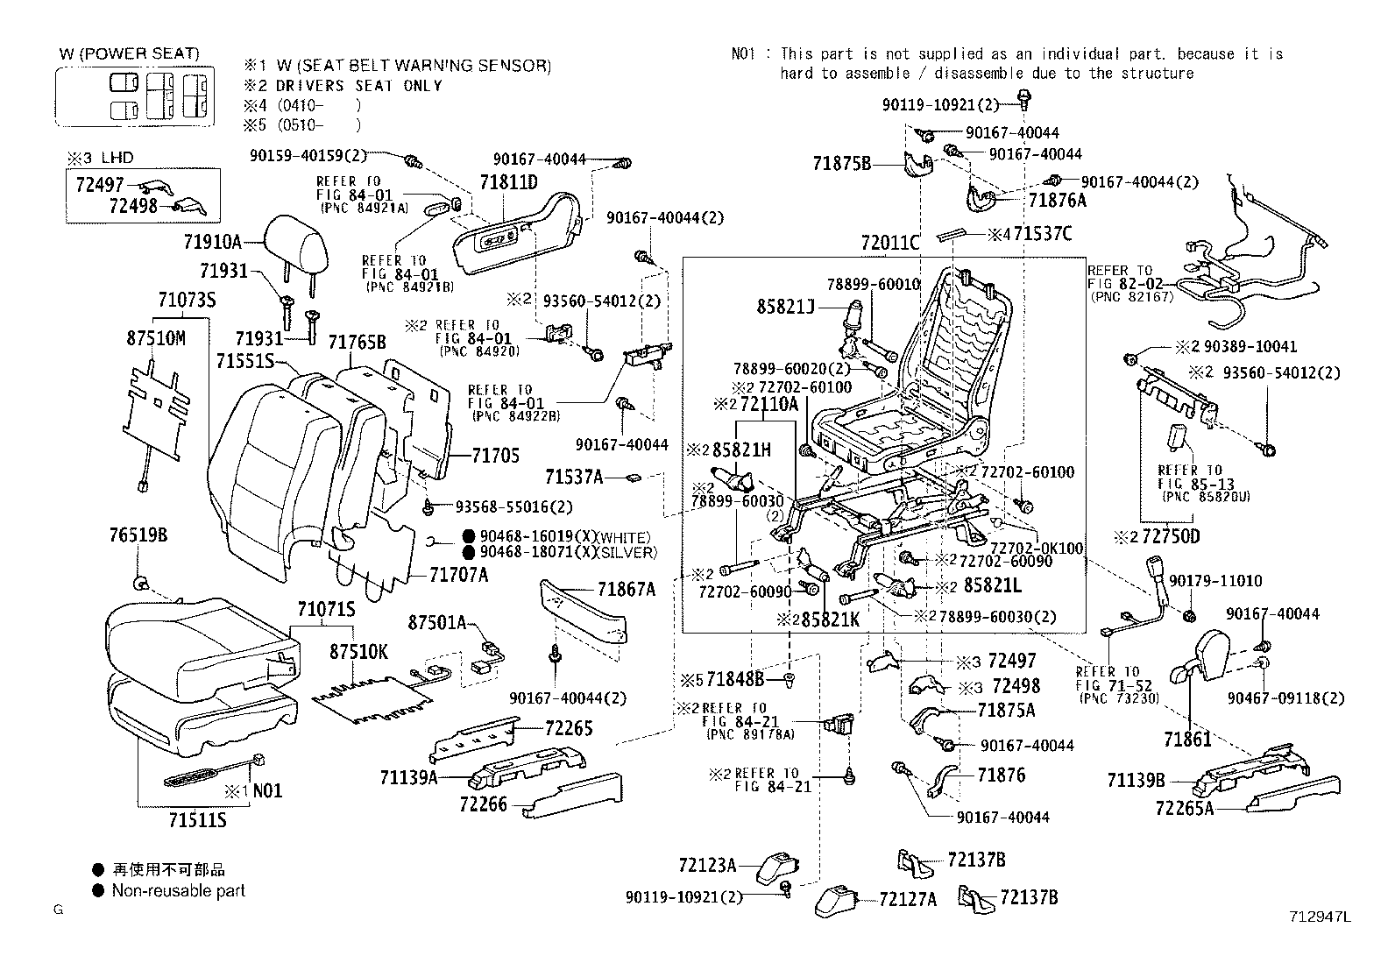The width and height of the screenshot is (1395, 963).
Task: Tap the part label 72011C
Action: pyautogui.click(x=889, y=243)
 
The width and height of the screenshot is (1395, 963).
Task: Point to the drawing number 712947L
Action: pyautogui.click(x=1320, y=917)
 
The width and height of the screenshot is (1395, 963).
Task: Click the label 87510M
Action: pyautogui.click(x=156, y=337)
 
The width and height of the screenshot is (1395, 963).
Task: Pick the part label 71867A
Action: pyautogui.click(x=627, y=590)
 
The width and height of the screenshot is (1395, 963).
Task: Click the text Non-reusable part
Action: pyautogui.click(x=178, y=890)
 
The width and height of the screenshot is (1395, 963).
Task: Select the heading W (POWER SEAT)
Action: pyautogui.click(x=129, y=53)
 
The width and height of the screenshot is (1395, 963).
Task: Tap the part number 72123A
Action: pyautogui.click(x=706, y=865)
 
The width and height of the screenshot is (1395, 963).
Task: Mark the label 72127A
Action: pyautogui.click(x=907, y=899)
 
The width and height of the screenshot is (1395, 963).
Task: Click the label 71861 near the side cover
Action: pyautogui.click(x=1187, y=739)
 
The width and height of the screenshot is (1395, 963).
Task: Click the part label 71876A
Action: pyautogui.click(x=1057, y=201)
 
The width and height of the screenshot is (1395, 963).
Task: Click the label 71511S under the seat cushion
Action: pyautogui.click(x=197, y=819)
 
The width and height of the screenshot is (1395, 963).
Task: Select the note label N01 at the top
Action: pyautogui.click(x=743, y=54)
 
